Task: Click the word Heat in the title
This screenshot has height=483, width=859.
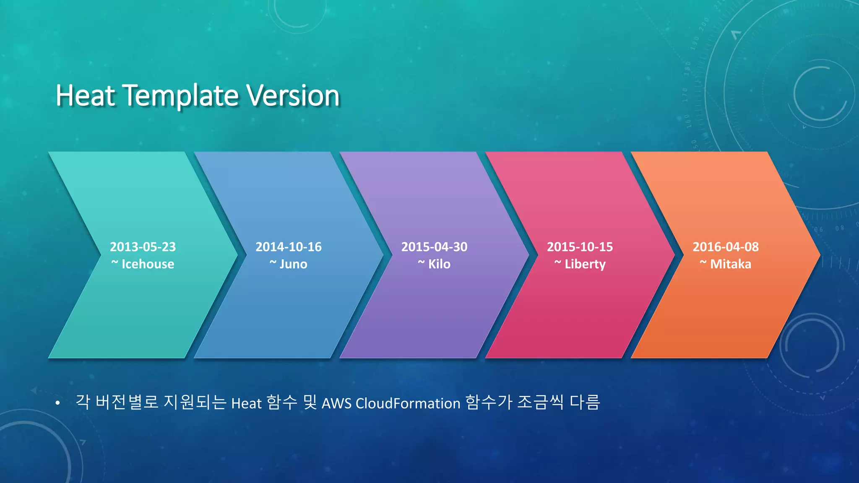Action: (x=86, y=96)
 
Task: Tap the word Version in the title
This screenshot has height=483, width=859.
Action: (x=293, y=96)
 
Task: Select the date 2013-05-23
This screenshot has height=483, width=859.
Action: (x=143, y=247)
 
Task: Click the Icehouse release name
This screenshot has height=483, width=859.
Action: (x=148, y=264)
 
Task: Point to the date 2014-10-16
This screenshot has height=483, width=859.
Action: (x=289, y=247)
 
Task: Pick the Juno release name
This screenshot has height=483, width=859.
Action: (x=293, y=264)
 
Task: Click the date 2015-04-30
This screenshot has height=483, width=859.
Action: (x=434, y=247)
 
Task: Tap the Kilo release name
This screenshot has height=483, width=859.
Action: (x=439, y=264)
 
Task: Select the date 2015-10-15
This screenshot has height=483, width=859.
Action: (x=580, y=247)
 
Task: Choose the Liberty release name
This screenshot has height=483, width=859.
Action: (x=585, y=264)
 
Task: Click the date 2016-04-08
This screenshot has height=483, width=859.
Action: (x=726, y=247)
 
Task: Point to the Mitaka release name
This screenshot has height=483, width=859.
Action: (x=731, y=264)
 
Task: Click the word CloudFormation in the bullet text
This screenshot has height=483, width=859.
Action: (x=408, y=403)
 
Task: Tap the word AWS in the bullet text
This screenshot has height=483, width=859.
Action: (x=336, y=403)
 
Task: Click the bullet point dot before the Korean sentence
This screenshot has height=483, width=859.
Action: (x=58, y=403)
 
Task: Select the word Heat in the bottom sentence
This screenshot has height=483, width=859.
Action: (x=246, y=403)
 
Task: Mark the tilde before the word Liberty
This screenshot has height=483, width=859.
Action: (x=558, y=263)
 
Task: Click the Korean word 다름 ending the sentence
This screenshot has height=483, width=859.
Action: (x=585, y=402)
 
